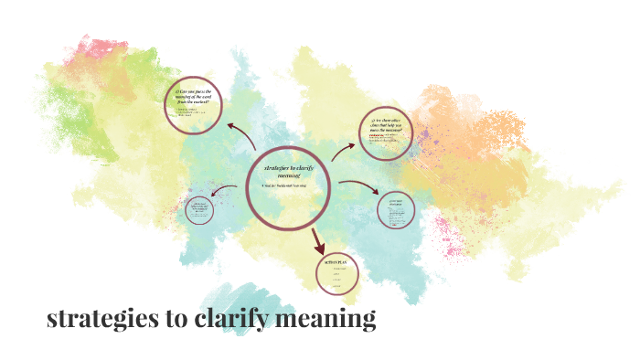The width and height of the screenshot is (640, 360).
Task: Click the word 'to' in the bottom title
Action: (179, 319)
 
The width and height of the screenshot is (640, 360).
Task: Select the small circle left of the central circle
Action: (200, 210)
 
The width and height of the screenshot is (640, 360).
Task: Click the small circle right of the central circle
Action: (396, 209)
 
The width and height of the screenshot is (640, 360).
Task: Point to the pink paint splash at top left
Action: (95, 48)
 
